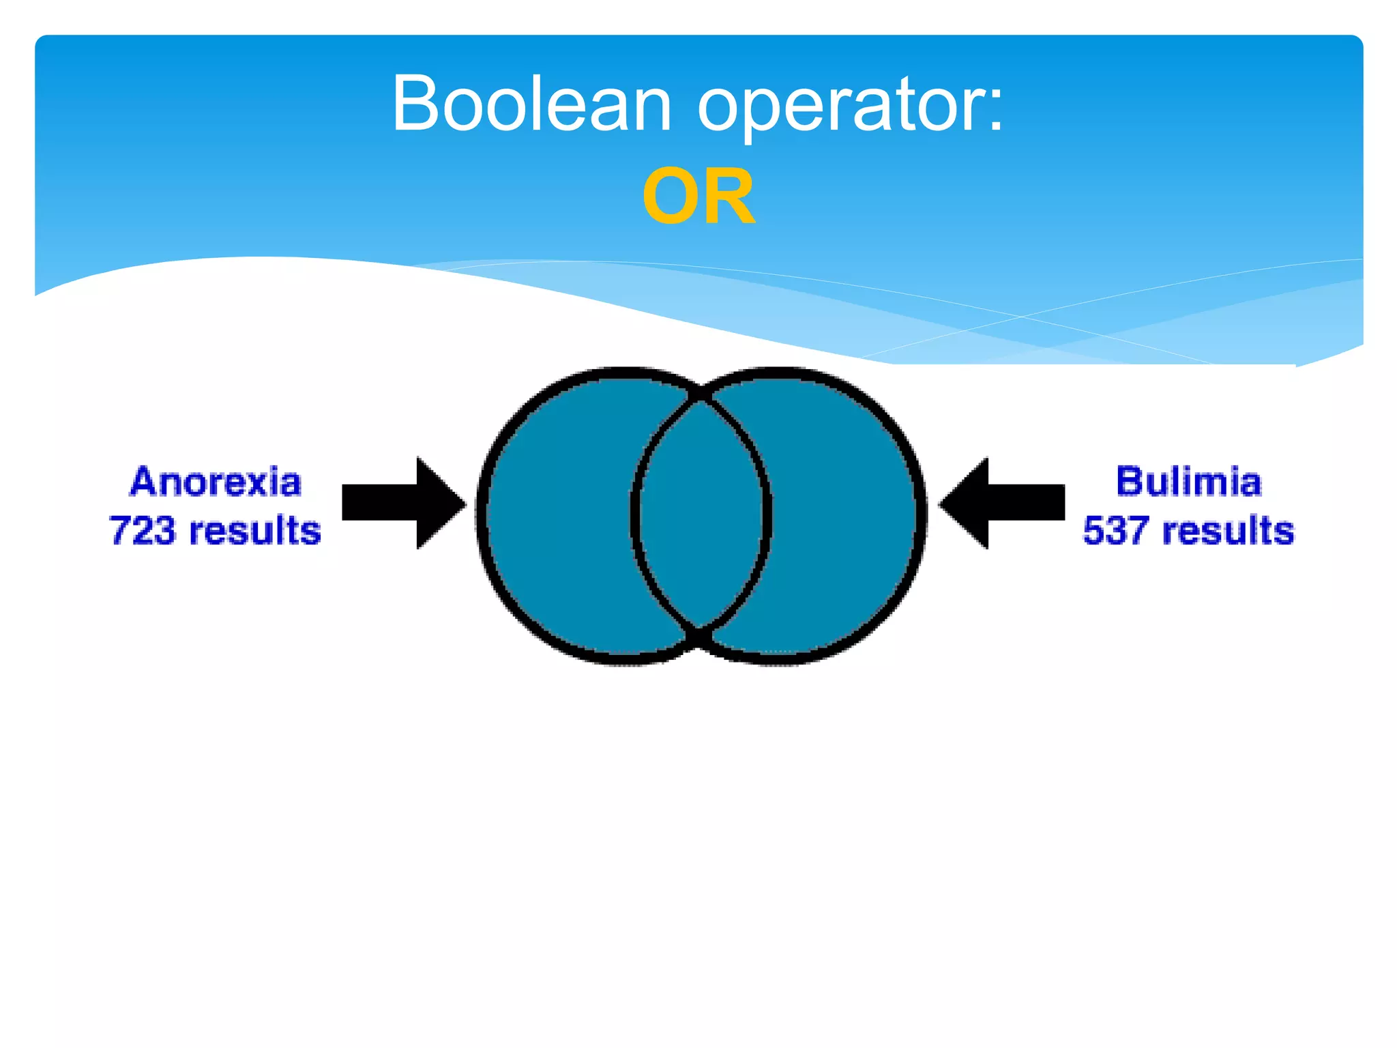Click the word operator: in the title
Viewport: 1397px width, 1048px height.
(849, 104)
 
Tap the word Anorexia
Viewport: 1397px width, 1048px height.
(216, 482)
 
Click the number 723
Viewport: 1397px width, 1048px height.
(142, 530)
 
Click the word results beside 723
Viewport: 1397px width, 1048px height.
(254, 530)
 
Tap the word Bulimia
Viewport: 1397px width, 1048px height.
(1189, 482)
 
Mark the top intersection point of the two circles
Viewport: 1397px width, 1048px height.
(701, 396)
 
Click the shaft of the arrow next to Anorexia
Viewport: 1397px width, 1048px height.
(379, 503)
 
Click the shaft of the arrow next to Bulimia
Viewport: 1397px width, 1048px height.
(1027, 503)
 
